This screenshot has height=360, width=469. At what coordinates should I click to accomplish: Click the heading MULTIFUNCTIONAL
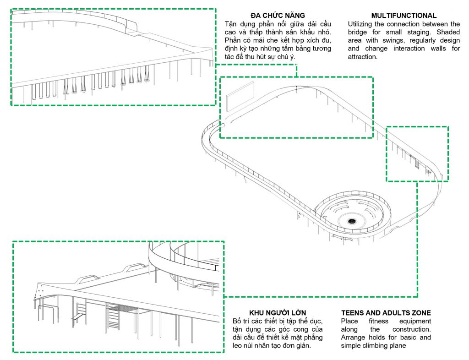pos(404,16)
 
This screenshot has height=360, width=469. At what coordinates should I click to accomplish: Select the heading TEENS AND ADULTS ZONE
pos(386,313)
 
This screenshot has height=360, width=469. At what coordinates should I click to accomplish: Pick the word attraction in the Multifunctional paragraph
pos(362,57)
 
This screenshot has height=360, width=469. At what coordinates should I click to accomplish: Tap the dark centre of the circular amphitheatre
pos(352,221)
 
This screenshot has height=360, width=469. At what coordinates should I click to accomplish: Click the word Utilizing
pos(364,24)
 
